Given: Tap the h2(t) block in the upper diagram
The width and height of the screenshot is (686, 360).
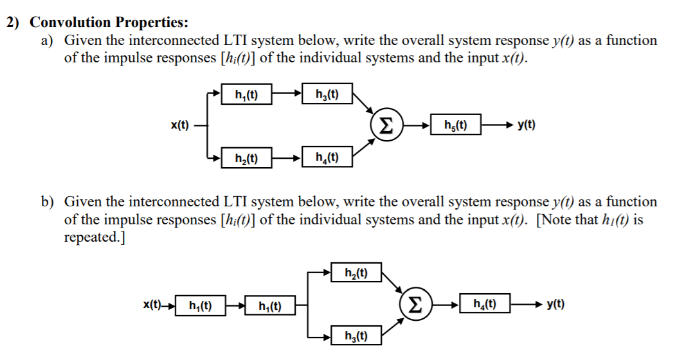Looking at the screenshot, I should (245, 157).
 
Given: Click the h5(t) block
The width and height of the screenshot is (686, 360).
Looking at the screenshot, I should (455, 124).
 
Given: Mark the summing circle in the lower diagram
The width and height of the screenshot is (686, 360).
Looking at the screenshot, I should (415, 304).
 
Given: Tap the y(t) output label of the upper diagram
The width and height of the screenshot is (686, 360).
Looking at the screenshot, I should (526, 125).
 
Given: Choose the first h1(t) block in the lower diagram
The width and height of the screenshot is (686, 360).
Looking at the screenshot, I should (199, 305).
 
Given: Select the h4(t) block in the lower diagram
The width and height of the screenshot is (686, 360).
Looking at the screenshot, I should (485, 304).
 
